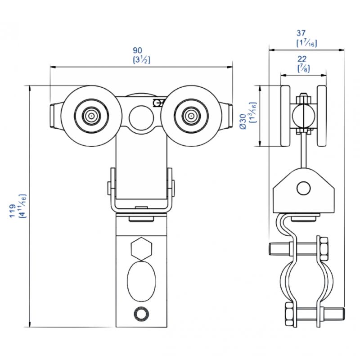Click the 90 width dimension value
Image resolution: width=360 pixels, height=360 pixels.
coord(138,50)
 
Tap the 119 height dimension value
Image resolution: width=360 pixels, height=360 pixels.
coord(12,211)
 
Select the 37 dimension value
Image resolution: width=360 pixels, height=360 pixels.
coord(301,33)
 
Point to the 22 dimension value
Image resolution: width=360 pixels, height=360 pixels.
coord(302,59)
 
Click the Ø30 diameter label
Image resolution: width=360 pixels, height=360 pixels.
coord(243,121)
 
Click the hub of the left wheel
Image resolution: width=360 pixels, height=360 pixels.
coord(91,116)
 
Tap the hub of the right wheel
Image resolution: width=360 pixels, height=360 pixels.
coord(191,116)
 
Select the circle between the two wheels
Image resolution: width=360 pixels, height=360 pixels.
coord(141,117)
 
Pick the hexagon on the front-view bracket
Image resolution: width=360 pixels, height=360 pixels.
coord(141,249)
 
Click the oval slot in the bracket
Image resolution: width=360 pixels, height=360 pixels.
coord(141,280)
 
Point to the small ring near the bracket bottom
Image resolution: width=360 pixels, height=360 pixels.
coord(141,313)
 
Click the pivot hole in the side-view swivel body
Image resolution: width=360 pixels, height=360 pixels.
coord(303,188)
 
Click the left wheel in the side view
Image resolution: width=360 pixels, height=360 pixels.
coord(285,116)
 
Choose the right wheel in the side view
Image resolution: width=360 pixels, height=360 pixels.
coord(322,116)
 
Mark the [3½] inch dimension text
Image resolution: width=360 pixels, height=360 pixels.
coord(142,60)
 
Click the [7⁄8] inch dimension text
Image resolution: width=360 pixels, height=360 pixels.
coord(303,68)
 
